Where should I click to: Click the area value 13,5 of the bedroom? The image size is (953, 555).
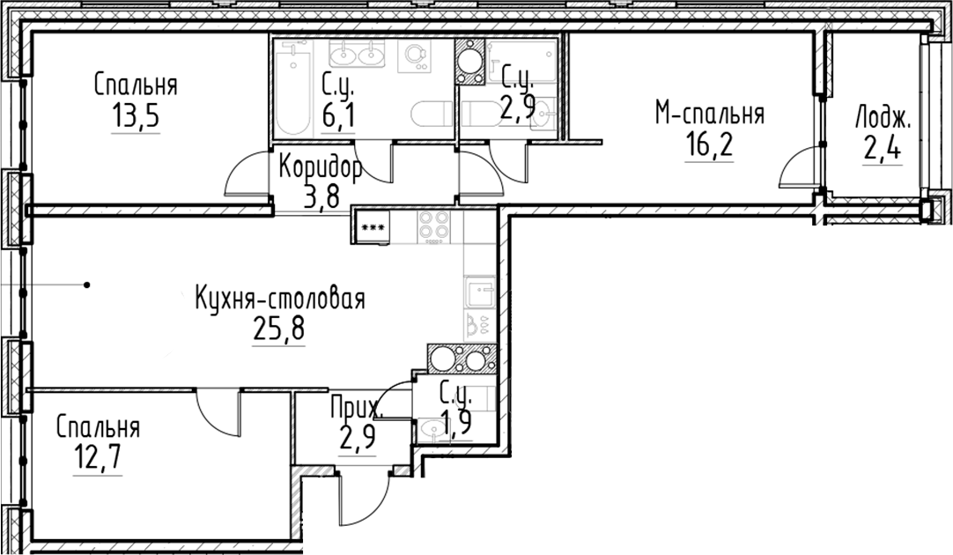[135, 116]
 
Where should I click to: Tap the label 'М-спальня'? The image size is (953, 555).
[708, 114]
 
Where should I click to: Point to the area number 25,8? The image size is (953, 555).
[278, 330]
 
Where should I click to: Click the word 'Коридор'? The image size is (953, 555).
[321, 166]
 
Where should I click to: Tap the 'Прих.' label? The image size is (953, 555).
[356, 408]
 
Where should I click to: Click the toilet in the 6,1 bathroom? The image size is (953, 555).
[432, 115]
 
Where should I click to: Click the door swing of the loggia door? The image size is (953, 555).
[798, 169]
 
